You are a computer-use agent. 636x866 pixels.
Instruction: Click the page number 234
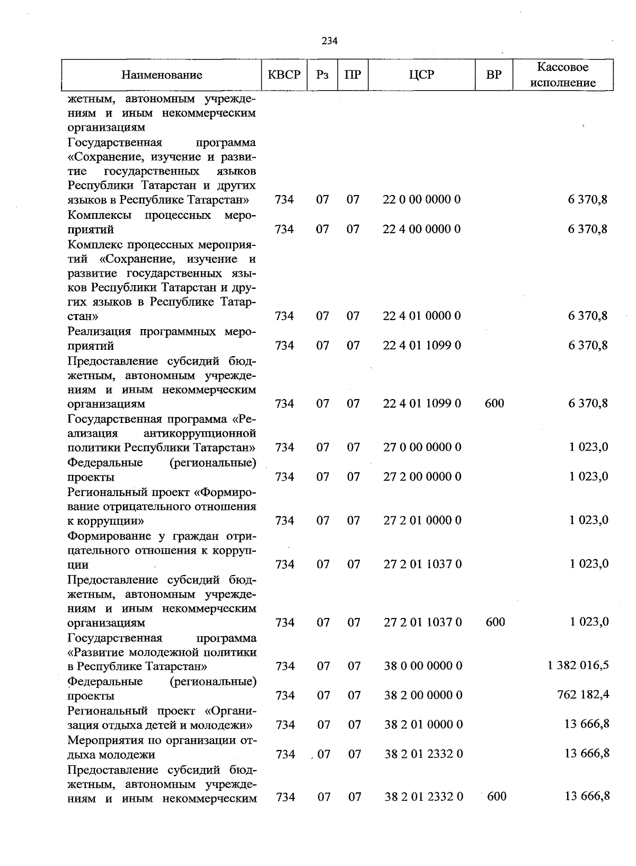tap(330, 41)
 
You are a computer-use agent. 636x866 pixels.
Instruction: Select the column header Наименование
tap(162, 75)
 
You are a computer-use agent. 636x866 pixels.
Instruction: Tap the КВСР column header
tap(285, 75)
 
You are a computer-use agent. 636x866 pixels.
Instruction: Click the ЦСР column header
tap(422, 75)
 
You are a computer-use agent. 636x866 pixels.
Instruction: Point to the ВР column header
tap(493, 75)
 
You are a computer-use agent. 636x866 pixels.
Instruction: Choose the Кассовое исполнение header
tap(563, 75)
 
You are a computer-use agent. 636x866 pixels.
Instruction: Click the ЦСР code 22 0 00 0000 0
tap(422, 200)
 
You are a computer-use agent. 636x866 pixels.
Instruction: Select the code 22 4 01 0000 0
tap(422, 316)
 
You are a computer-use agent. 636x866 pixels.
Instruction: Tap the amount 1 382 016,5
tap(578, 665)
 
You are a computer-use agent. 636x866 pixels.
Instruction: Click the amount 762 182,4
tap(583, 694)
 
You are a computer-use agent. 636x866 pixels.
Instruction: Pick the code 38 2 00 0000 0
tap(423, 695)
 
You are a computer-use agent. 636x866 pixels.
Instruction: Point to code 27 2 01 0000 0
tap(422, 520)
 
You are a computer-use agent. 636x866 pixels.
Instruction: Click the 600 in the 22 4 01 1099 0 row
tap(494, 403)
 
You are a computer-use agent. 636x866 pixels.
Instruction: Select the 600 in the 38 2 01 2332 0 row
tap(496, 796)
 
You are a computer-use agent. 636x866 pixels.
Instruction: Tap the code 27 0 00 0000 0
tap(422, 447)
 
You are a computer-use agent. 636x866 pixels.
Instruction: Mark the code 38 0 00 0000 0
tap(423, 666)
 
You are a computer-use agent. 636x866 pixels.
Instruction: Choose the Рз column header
tap(322, 75)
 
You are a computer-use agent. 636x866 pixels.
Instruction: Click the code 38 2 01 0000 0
tap(423, 724)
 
